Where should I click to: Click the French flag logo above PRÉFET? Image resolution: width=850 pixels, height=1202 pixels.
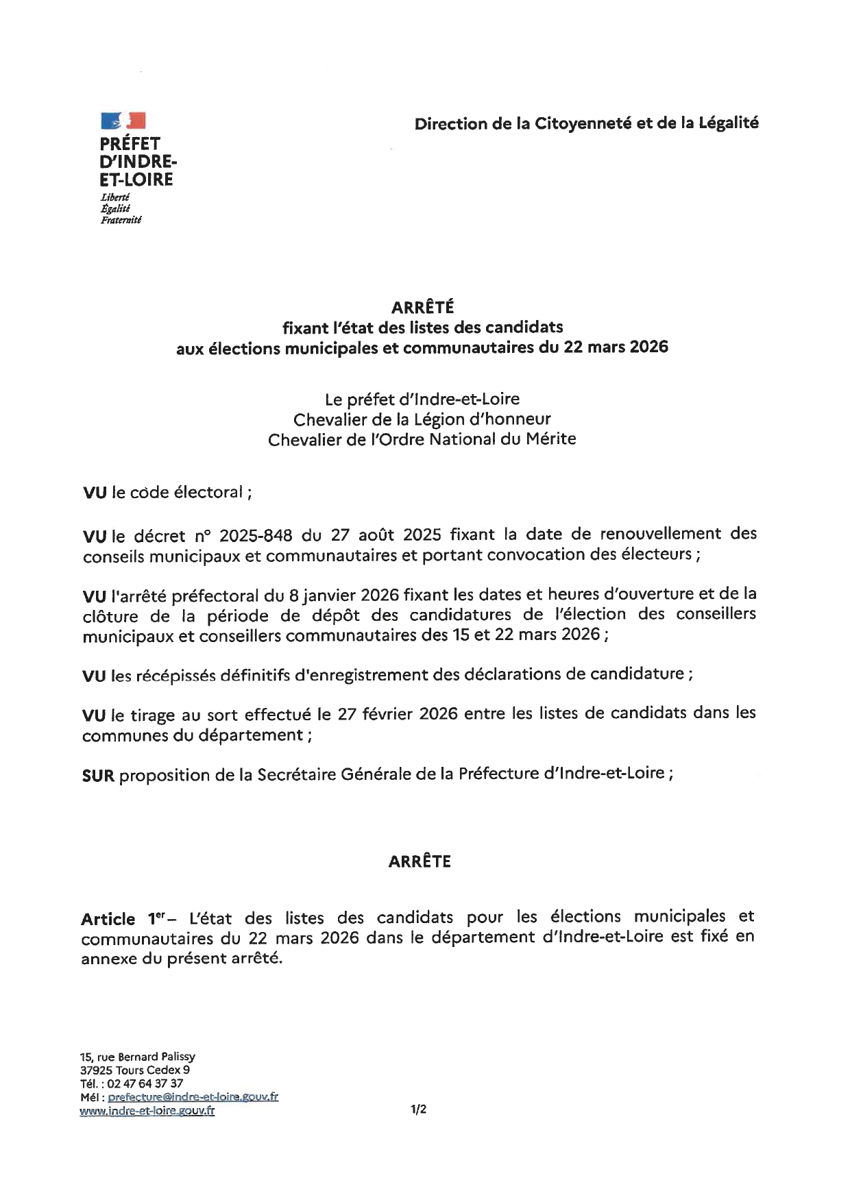pos(123,121)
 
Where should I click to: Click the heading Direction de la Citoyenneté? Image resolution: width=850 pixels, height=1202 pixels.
pos(586,123)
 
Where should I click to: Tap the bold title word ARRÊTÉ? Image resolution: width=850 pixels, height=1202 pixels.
pos(422,308)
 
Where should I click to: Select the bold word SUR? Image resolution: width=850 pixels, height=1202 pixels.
pos(97,776)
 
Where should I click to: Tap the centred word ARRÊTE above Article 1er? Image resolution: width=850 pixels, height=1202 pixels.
pos(420,862)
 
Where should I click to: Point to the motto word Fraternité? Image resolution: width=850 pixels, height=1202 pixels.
pos(121,220)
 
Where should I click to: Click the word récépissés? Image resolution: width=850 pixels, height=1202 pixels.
pos(175,676)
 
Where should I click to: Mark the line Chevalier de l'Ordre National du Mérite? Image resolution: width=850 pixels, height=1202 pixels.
pos(422,439)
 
